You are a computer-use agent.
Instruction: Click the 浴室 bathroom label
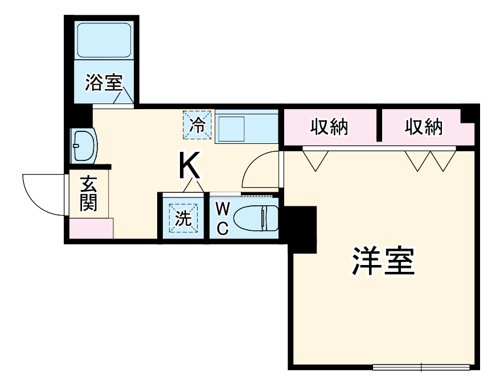[x=104, y=83]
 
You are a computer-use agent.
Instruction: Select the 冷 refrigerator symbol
[x=197, y=124]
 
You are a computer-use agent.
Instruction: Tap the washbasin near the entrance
[x=83, y=146]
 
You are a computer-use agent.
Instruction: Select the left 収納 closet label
[x=329, y=127]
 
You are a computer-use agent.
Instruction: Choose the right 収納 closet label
[x=424, y=127]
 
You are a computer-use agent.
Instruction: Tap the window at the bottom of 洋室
[x=421, y=366]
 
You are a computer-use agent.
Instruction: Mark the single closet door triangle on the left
[x=314, y=159]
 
